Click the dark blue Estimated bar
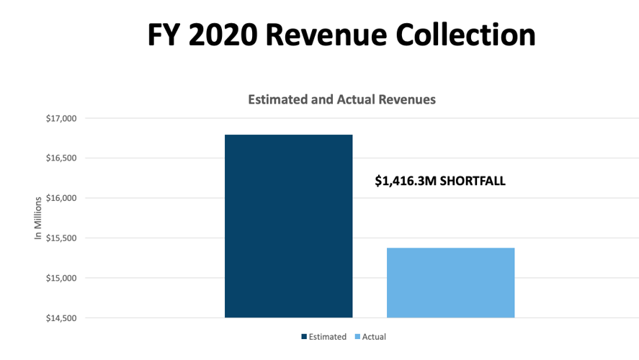tap(288, 226)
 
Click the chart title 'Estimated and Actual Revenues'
tap(341, 100)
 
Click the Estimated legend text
tap(327, 336)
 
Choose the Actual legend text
tap(374, 336)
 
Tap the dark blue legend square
tap(305, 337)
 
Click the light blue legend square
tap(358, 337)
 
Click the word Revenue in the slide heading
tap(335, 35)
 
